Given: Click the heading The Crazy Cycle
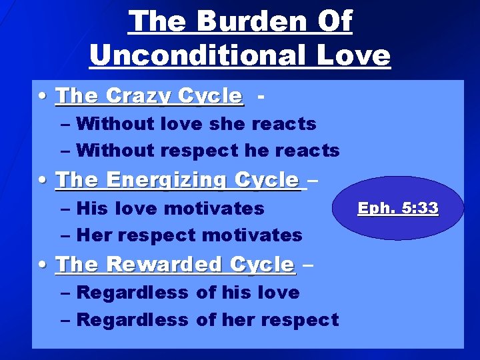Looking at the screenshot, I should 150,97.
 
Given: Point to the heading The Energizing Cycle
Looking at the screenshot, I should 178,180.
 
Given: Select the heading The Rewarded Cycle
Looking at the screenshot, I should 175,265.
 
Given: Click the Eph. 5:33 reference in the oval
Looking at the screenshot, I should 398,209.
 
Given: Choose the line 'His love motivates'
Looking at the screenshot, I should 170,209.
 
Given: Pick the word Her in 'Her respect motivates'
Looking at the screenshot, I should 93,235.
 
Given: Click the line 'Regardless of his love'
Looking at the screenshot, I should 188,293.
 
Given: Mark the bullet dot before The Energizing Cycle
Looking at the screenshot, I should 43,181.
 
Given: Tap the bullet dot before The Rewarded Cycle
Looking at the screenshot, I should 43,265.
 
